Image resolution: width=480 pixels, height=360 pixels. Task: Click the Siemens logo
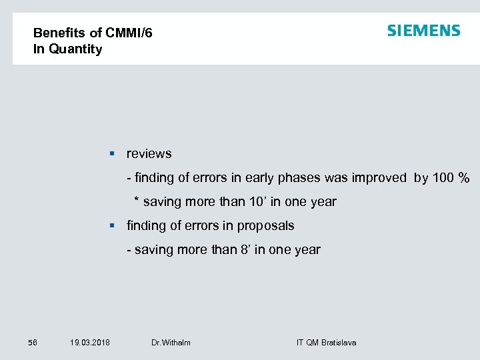pos(423,31)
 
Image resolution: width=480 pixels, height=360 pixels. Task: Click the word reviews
pos(149,154)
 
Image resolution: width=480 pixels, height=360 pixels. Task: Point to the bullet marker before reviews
pos(113,154)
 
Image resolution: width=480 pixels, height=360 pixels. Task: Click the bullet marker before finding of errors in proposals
pos(113,226)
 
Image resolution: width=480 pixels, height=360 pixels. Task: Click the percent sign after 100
pos(464,178)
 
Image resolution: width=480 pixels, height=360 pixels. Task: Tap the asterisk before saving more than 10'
pos(137,201)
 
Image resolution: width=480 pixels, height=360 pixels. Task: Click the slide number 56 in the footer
pos(33,343)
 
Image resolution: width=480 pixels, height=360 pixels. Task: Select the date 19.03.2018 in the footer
pos(90,343)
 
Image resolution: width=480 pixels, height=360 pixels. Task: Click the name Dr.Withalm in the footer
pos(171,343)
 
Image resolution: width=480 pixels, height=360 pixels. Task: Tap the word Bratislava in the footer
pos(339,343)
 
